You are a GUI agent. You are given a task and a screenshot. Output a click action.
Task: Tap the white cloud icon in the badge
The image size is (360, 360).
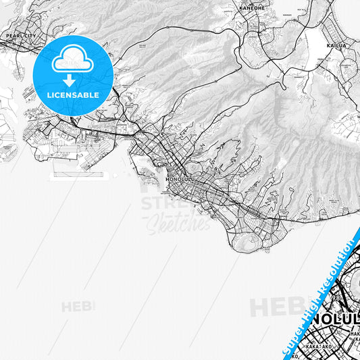pyautogui.click(x=72, y=60)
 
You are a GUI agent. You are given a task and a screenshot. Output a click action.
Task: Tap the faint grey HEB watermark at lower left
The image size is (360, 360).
pyautogui.click(x=78, y=307)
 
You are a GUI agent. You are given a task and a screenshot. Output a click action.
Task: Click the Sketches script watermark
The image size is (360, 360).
pyautogui.click(x=178, y=223)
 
